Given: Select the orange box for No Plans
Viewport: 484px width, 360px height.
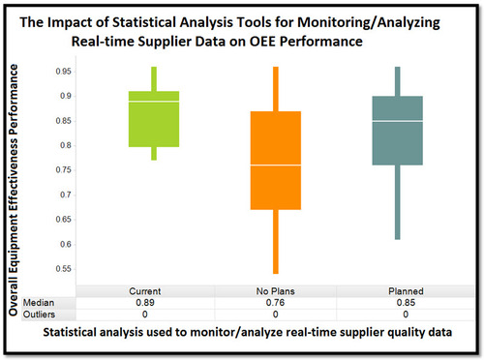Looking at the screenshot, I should pyautogui.click(x=275, y=161).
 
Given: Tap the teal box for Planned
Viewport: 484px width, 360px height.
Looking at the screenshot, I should pyautogui.click(x=398, y=131).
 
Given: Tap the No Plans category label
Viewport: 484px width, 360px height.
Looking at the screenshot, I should pyautogui.click(x=275, y=290).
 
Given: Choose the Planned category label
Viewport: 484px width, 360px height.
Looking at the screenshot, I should pyautogui.click(x=398, y=290).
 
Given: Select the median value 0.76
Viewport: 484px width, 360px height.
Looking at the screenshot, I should pyautogui.click(x=275, y=302).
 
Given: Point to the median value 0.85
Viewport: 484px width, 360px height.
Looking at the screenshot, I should pyautogui.click(x=398, y=302).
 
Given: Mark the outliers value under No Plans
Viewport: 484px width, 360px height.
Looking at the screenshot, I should pyautogui.click(x=275, y=314).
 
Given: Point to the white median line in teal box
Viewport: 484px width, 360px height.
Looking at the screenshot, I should pyautogui.click(x=398, y=121).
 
